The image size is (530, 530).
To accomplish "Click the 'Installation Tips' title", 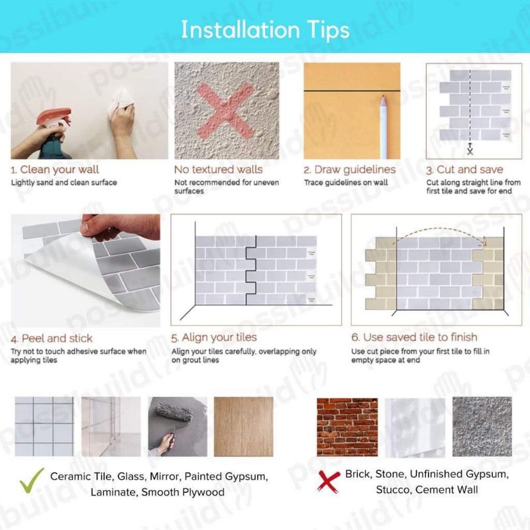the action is pos(266,30).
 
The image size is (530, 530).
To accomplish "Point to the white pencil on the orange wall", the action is pos(384,127).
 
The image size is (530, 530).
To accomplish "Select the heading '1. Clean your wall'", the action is pos(55,170).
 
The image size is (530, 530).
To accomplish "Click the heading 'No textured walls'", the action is pos(219,170).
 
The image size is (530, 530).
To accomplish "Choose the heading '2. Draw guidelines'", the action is pos(350,170).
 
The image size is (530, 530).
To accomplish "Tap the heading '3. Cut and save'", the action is pos(465,170).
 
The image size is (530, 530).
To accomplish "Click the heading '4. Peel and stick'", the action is pos(52,339).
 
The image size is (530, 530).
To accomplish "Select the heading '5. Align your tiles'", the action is pos(214,337).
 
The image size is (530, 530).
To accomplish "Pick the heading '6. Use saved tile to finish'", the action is pos(415,337).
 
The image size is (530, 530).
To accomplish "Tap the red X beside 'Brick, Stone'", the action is pos(328,482).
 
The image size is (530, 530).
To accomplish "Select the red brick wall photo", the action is pos(347,427).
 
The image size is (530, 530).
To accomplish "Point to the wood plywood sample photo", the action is pos(243,427).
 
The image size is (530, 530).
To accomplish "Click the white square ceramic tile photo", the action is pos(44,427).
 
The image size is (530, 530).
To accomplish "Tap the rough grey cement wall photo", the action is pos(482,427).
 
